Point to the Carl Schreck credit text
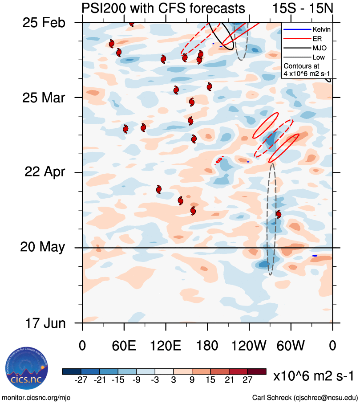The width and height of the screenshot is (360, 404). click(x=305, y=397)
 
